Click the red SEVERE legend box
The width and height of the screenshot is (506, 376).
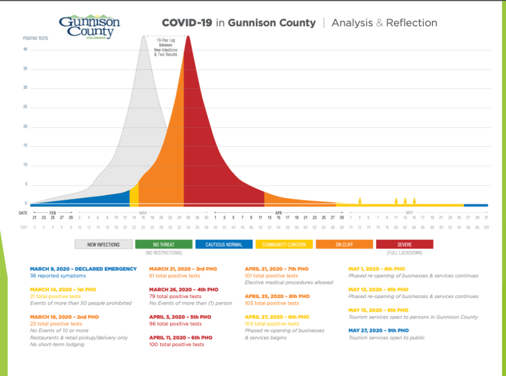[404, 244]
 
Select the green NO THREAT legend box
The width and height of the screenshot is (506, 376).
[164, 244]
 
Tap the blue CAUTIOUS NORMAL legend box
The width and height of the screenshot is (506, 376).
[224, 244]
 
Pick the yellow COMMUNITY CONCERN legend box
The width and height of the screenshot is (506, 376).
[284, 244]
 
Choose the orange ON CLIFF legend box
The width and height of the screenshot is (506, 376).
[344, 244]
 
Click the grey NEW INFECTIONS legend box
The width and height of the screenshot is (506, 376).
[103, 244]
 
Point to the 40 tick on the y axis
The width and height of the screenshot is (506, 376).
[25, 50]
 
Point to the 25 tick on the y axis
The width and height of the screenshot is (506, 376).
[25, 108]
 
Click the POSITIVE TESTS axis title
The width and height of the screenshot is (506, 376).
[35, 38]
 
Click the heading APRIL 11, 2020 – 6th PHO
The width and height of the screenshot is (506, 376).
[181, 338]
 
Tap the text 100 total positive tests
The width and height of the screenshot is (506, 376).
[177, 345]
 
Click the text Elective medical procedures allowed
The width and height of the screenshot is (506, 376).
[289, 282]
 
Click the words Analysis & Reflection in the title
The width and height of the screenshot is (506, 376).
[384, 23]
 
